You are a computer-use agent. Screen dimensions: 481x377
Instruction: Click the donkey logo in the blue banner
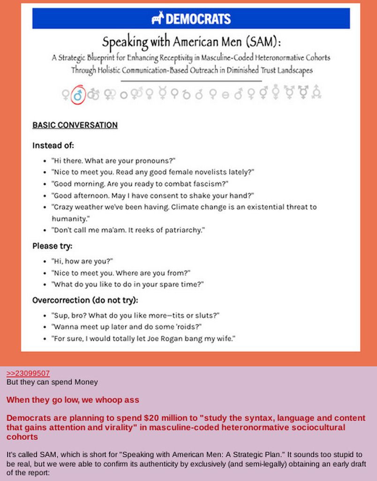point(158,19)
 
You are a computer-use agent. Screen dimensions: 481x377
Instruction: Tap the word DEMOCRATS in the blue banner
point(198,19)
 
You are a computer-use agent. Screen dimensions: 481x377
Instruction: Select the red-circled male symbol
point(78,94)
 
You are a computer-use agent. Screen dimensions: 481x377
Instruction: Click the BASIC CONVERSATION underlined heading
point(75,125)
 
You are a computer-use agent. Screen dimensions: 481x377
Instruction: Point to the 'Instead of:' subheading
point(53,145)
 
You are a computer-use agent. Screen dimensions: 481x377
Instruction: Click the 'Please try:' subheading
point(52,246)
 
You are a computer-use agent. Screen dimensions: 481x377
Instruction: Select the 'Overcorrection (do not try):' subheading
point(85,300)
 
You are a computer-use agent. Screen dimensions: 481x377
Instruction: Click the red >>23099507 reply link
point(28,373)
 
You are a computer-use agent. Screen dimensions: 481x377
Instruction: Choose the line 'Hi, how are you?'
point(83,261)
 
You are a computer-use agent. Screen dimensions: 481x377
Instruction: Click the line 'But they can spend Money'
point(52,382)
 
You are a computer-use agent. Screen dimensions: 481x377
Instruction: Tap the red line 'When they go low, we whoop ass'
point(73,400)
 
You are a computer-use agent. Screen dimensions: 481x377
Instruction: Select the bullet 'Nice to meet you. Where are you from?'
point(121,273)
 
